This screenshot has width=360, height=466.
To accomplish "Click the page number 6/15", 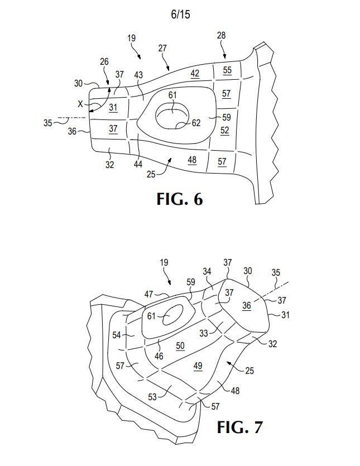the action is coord(180,15).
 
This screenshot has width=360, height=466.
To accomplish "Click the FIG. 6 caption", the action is coord(180,199).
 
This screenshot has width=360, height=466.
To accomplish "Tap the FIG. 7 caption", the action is coord(239,427).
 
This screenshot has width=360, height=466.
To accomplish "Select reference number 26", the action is coord(104,62).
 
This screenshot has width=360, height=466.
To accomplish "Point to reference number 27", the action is coord(162,48).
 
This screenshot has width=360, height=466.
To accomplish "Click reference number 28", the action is coord(221,36).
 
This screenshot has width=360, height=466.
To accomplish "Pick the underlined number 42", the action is coord(195,74).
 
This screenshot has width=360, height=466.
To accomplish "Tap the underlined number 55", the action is coord(227,70).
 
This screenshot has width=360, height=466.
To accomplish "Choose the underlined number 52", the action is coord(225,131).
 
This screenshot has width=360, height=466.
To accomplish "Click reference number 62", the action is coord(196,123).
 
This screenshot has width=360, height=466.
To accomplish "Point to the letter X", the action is coord(80,104).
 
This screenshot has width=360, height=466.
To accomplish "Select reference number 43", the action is coord(138,75).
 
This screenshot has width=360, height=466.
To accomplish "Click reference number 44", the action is coord(138,164).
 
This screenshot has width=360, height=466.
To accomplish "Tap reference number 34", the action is coord(207,271).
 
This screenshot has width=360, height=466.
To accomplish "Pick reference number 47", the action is coord(148,294).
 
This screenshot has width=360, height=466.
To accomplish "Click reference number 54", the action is coord(117,335).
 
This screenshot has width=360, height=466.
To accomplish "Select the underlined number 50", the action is coord(180,345).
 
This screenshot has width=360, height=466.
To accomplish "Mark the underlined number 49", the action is coord(198,366).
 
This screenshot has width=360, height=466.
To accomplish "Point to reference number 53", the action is coord(152,397).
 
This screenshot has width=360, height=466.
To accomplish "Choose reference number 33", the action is coord(204,333).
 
